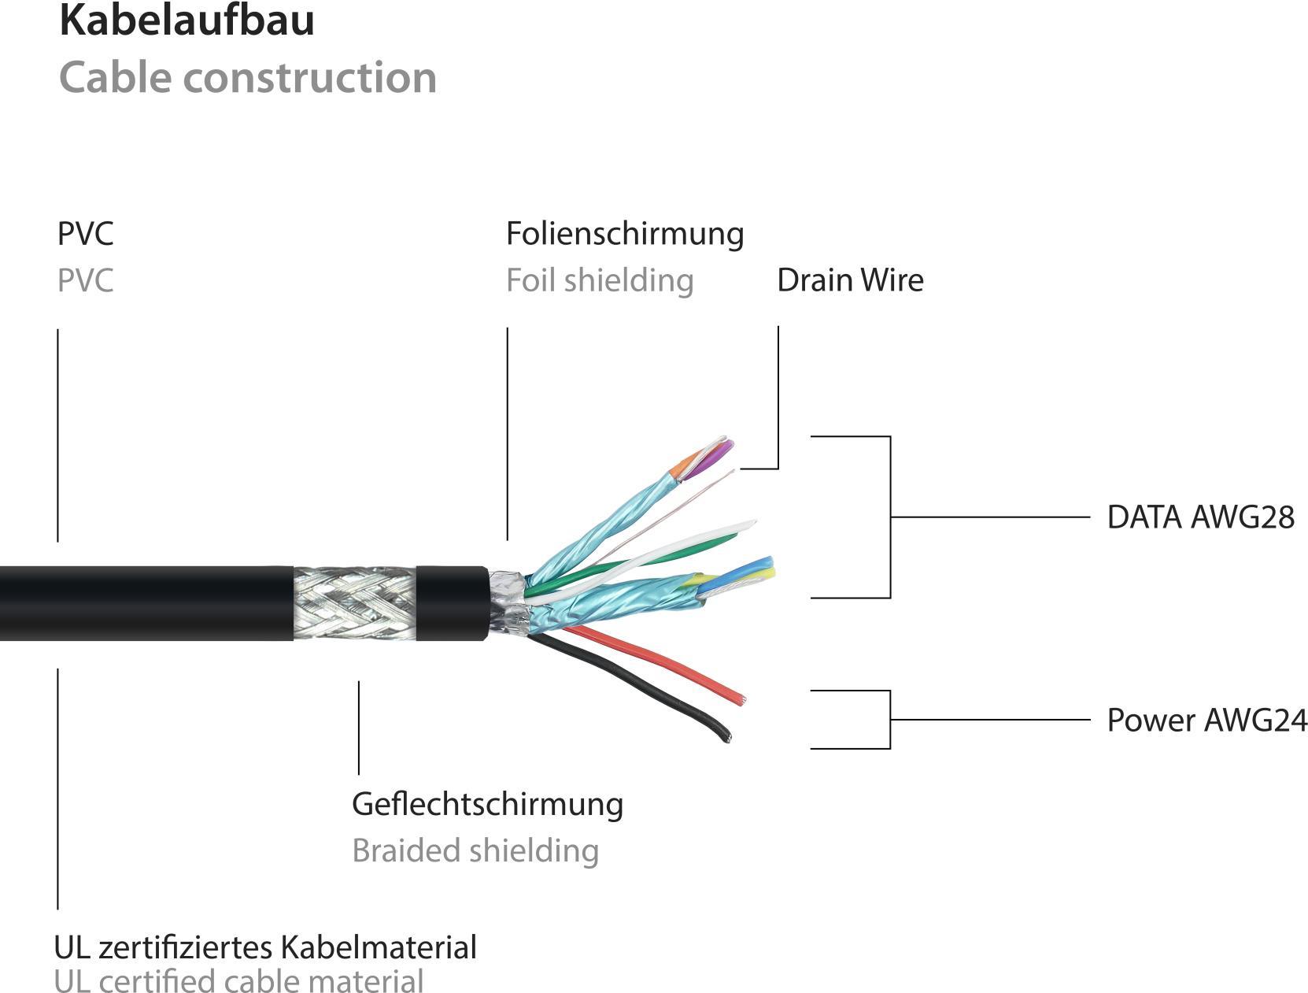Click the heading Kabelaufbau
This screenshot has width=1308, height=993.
click(x=187, y=21)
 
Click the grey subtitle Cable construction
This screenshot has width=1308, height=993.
click(x=248, y=78)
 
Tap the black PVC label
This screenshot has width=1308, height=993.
click(x=86, y=234)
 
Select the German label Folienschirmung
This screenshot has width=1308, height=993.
click(x=624, y=234)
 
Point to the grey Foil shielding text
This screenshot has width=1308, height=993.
click(x=600, y=280)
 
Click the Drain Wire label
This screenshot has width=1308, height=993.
click(x=850, y=280)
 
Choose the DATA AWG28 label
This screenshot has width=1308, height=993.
click(x=1200, y=517)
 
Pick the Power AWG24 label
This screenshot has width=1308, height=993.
click(x=1206, y=721)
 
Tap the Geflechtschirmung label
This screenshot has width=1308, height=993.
click(x=487, y=804)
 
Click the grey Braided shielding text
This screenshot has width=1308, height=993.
click(x=475, y=850)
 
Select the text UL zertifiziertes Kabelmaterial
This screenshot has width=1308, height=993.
click(x=265, y=947)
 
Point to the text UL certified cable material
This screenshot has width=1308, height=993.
click(x=238, y=981)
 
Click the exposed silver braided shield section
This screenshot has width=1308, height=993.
click(x=354, y=602)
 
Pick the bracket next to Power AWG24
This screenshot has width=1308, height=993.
click(x=889, y=720)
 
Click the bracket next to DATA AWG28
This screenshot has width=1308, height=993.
click(x=890, y=517)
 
